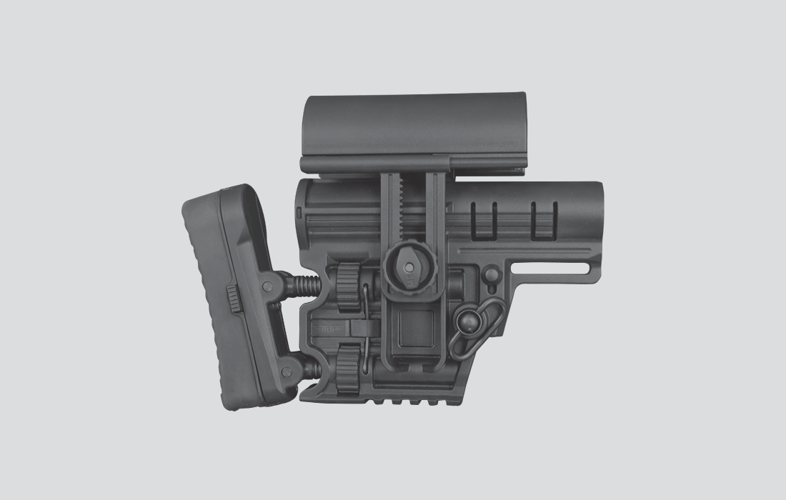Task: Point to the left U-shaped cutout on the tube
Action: click(x=484, y=218)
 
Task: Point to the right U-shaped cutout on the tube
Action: click(x=544, y=218)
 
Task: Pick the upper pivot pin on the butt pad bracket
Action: click(x=266, y=286)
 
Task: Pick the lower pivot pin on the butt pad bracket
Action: click(x=289, y=370)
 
